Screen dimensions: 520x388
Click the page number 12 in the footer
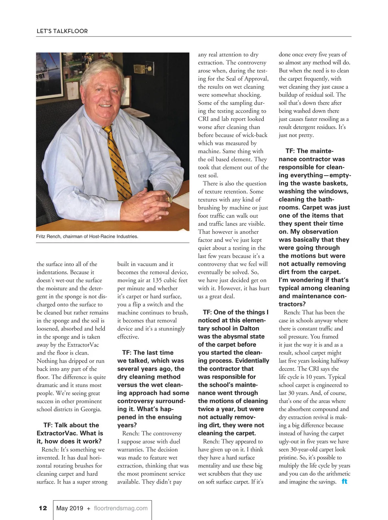tap(43, 508)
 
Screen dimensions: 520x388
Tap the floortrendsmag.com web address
tap(121, 508)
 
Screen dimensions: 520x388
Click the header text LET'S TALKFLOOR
tap(62, 31)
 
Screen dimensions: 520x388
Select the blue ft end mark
tap(344, 482)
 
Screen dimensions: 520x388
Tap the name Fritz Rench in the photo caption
tap(48, 236)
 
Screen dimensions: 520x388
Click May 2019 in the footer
tap(70, 508)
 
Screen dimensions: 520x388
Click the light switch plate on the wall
tap(140, 69)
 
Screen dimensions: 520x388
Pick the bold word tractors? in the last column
tap(292, 304)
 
